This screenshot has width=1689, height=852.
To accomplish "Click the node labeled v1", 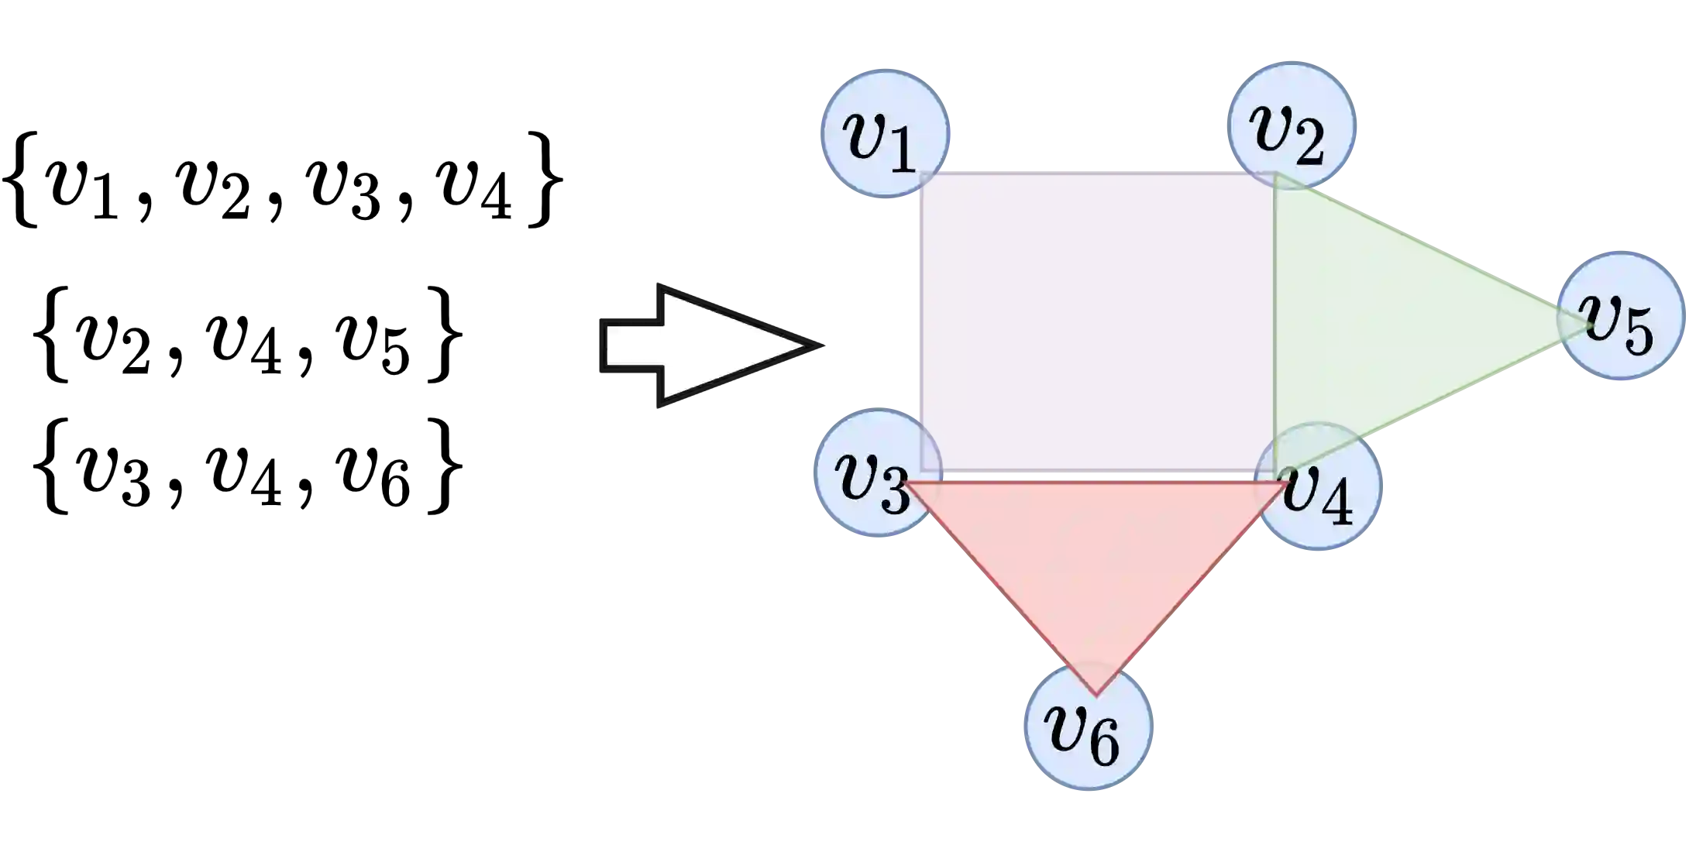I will pos(883,133).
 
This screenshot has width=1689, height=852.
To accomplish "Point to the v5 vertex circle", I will pos(1621,315).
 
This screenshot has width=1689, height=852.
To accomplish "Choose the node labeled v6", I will pos(1088,726).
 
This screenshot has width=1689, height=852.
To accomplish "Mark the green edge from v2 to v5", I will pos(1426,248).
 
